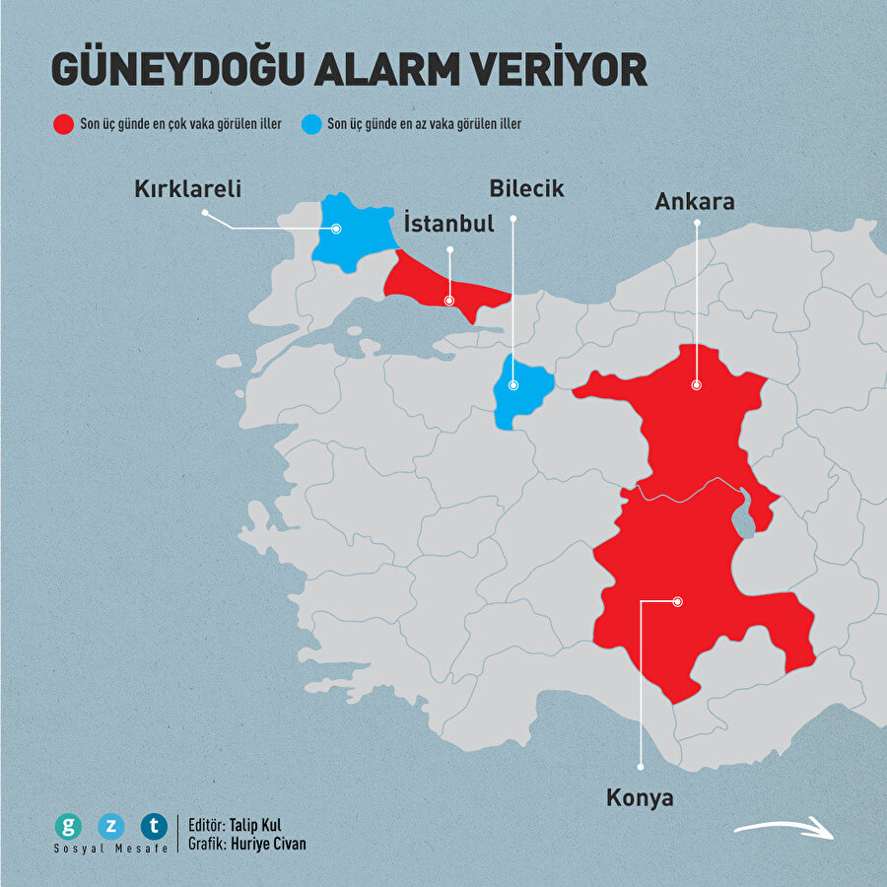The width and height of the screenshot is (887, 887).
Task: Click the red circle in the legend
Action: pyautogui.click(x=63, y=124)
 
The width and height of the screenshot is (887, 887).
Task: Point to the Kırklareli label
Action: pyautogui.click(x=188, y=188)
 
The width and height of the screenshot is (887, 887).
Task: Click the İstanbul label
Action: pyautogui.click(x=448, y=224)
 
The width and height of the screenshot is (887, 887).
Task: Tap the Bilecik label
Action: pyautogui.click(x=526, y=188)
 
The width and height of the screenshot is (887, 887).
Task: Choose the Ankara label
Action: pyautogui.click(x=695, y=202)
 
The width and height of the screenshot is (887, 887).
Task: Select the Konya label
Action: pyautogui.click(x=640, y=797)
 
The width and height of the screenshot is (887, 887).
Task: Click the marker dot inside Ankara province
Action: pyautogui.click(x=696, y=385)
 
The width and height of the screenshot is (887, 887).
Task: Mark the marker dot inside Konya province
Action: pyautogui.click(x=677, y=600)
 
